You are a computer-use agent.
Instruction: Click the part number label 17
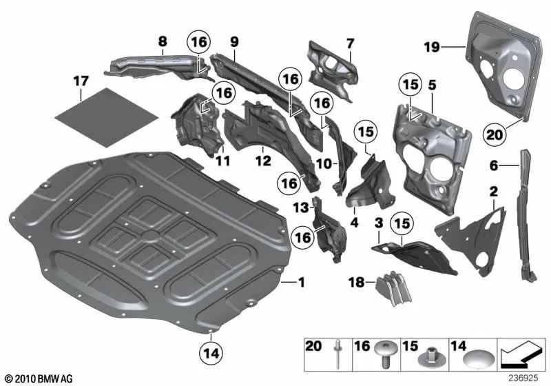point(81,81)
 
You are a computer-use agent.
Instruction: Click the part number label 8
point(163,41)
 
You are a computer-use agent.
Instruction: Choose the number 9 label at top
point(234,42)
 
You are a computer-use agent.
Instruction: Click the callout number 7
point(350,43)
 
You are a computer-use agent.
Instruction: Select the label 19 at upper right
point(431,47)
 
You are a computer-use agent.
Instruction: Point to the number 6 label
point(493,165)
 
